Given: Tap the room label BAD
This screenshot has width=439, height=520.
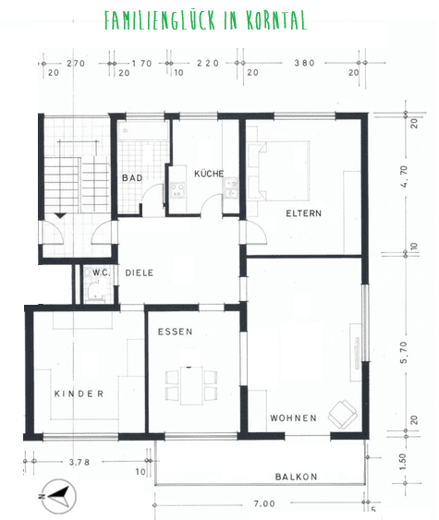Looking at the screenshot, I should (x=130, y=177).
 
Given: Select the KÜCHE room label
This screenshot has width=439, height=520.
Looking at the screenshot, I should (x=209, y=174).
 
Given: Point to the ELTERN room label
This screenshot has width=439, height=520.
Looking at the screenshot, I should (x=303, y=213).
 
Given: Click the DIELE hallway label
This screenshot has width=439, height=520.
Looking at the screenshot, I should (x=140, y=272).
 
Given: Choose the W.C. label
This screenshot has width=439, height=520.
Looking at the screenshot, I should (x=101, y=272).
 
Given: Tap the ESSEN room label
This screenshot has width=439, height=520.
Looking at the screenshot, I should (x=175, y=332).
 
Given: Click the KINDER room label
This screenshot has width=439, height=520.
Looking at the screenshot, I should (x=79, y=393).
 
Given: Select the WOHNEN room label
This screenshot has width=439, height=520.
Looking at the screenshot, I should (x=293, y=417).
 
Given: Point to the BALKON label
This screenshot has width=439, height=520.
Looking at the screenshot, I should (x=296, y=477).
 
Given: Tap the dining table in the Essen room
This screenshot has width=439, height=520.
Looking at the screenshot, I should (x=191, y=382).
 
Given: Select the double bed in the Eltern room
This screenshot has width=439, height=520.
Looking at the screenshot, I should (x=283, y=169).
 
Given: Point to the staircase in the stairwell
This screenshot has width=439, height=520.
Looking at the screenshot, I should (x=70, y=175).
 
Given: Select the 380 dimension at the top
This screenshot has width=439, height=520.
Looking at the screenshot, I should (x=303, y=64).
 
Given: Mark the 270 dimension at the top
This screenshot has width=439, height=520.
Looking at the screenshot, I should (x=76, y=64).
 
